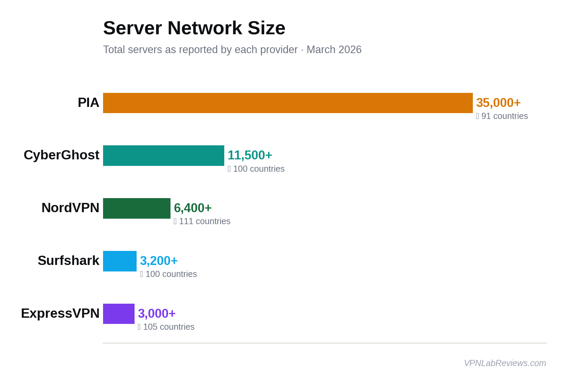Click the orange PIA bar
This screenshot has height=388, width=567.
pos(288,103)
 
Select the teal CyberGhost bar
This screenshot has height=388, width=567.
pos(163,156)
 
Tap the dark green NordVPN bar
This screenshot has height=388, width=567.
pos(137,208)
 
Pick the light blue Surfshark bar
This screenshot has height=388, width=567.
pos(119,261)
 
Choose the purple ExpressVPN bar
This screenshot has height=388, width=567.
pos(118,314)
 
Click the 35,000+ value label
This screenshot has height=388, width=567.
pos(498,103)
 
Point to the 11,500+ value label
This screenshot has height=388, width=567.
pos(250,155)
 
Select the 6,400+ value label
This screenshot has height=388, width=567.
pos(192,208)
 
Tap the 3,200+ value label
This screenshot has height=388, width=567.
pos(159,261)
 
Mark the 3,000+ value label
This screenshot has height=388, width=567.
pos(156,314)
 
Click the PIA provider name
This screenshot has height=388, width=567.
pos(88,103)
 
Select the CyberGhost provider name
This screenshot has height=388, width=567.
pos(61,155)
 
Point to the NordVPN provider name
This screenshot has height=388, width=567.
pos(70,208)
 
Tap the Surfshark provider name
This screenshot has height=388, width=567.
pos(68,261)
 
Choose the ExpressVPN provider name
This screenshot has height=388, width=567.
pos(60,314)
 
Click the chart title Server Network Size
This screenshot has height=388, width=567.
pos(194,28)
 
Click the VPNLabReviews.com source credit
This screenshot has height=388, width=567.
pos(505,363)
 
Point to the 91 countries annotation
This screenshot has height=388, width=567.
pos(502,116)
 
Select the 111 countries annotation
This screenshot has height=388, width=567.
pos(202,221)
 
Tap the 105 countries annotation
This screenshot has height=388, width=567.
pos(166,327)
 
